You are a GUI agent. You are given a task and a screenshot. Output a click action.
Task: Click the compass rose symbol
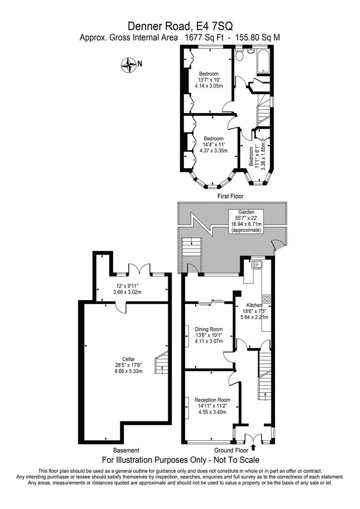(x=128, y=65)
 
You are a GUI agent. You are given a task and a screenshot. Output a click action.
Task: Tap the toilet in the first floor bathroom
(x=239, y=55)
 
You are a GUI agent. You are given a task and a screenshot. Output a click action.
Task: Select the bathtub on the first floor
(x=262, y=61)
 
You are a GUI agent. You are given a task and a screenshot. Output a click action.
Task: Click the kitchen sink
(x=258, y=264)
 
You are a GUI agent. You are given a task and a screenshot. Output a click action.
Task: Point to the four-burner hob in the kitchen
(x=266, y=299)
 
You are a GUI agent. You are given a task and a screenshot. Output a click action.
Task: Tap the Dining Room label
(x=209, y=335)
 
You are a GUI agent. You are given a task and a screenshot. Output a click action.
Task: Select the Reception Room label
(x=213, y=406)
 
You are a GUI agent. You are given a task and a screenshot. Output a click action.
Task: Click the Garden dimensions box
(x=246, y=221)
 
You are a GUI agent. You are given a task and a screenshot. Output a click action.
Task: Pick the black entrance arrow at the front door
(x=253, y=448)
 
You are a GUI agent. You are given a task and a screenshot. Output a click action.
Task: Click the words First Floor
(x=230, y=196)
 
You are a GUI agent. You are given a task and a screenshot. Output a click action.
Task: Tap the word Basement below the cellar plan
(x=126, y=450)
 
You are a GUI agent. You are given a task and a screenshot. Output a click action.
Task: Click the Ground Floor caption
(x=231, y=450)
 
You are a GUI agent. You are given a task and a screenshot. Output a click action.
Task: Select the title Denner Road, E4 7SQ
(x=180, y=26)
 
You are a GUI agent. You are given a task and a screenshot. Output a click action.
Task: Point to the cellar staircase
(x=162, y=362)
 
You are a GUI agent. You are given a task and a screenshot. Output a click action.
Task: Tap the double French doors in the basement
(x=139, y=270)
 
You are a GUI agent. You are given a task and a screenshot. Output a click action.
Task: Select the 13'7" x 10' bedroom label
(x=209, y=80)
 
